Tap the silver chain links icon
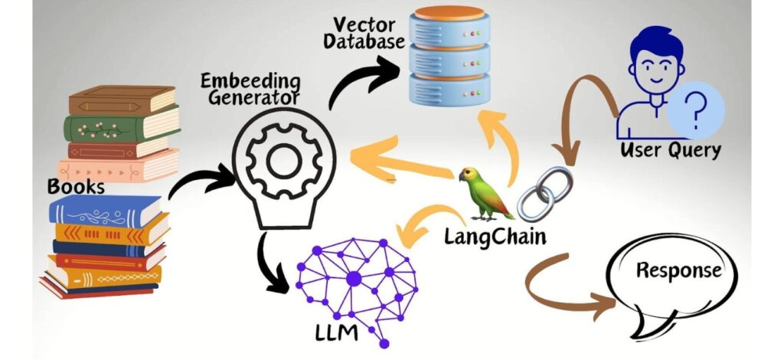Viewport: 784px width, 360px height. (544, 193)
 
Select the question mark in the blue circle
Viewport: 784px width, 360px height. (695, 110)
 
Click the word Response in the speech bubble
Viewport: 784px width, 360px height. (678, 270)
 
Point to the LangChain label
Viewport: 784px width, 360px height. (495, 236)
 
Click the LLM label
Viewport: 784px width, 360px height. (336, 332)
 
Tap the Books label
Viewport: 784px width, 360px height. (76, 186)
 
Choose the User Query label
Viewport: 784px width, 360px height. (670, 149)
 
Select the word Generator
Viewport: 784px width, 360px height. (253, 97)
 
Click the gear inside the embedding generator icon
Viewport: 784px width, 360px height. (284, 160)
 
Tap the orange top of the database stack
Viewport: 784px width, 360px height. (449, 12)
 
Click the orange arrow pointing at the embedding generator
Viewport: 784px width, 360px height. (400, 163)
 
